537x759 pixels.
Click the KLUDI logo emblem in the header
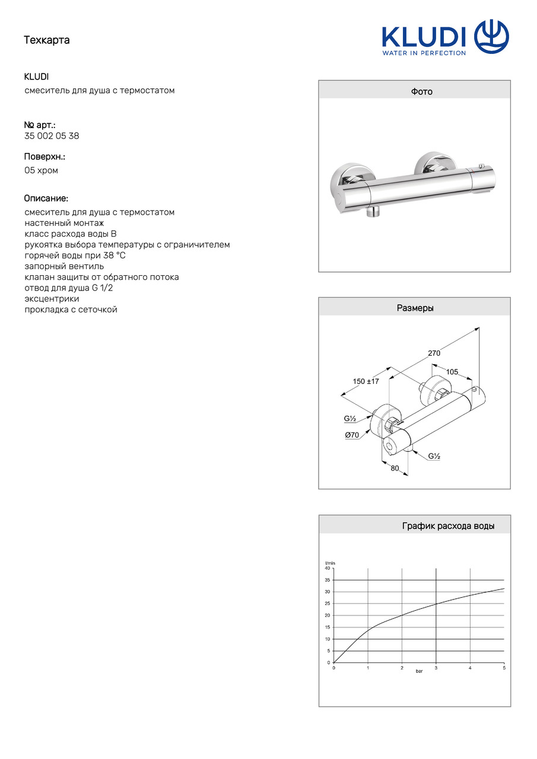492,36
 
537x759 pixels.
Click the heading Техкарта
47,40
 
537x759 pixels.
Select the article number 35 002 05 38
52,136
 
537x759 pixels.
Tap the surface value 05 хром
41,170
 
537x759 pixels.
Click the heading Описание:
46,198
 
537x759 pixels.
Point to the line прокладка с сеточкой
71,310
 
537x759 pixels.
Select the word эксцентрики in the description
52,299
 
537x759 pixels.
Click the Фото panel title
422,91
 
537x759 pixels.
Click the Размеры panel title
415,308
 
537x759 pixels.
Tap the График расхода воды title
448,526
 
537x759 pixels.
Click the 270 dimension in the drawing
434,353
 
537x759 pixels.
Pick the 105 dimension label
452,372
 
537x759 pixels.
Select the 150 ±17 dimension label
366,381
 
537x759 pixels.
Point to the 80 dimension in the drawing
395,468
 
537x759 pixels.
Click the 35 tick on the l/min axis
327,580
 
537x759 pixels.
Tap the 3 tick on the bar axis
436,668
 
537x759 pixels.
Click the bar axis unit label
419,671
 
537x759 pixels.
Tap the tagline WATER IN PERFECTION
424,53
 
